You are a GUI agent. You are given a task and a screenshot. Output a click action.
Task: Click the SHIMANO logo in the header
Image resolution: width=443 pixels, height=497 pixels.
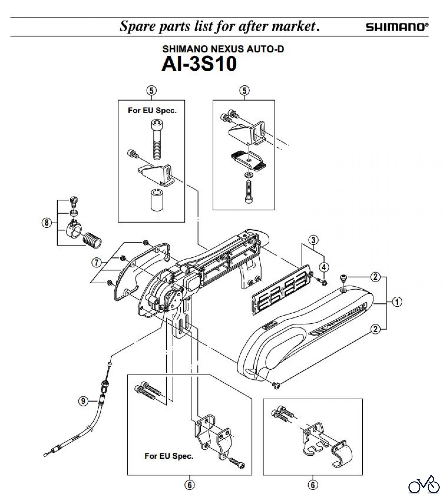[x=397, y=27]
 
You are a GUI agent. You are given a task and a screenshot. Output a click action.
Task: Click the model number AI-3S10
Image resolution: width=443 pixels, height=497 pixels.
[x=199, y=64]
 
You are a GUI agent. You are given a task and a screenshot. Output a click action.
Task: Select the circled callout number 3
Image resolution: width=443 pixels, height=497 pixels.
[x=313, y=240]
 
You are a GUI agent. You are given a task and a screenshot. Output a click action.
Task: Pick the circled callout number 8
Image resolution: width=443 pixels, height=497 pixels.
[x=47, y=222]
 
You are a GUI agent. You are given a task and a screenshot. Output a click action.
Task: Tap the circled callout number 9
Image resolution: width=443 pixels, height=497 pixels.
[x=83, y=401]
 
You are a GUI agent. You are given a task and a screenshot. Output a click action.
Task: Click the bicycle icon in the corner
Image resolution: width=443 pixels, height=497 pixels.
[x=424, y=484]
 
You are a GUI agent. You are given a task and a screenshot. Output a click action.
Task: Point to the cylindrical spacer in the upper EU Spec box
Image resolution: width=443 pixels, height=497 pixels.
[x=156, y=200]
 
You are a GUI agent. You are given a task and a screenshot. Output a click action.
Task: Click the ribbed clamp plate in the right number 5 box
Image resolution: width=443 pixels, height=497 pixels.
[x=248, y=161]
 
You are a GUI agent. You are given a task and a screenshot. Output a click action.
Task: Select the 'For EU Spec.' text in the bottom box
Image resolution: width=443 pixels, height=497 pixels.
[x=169, y=456]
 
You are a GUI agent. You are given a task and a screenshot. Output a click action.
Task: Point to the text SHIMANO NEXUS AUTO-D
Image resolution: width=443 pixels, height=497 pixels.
[x=223, y=49]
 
